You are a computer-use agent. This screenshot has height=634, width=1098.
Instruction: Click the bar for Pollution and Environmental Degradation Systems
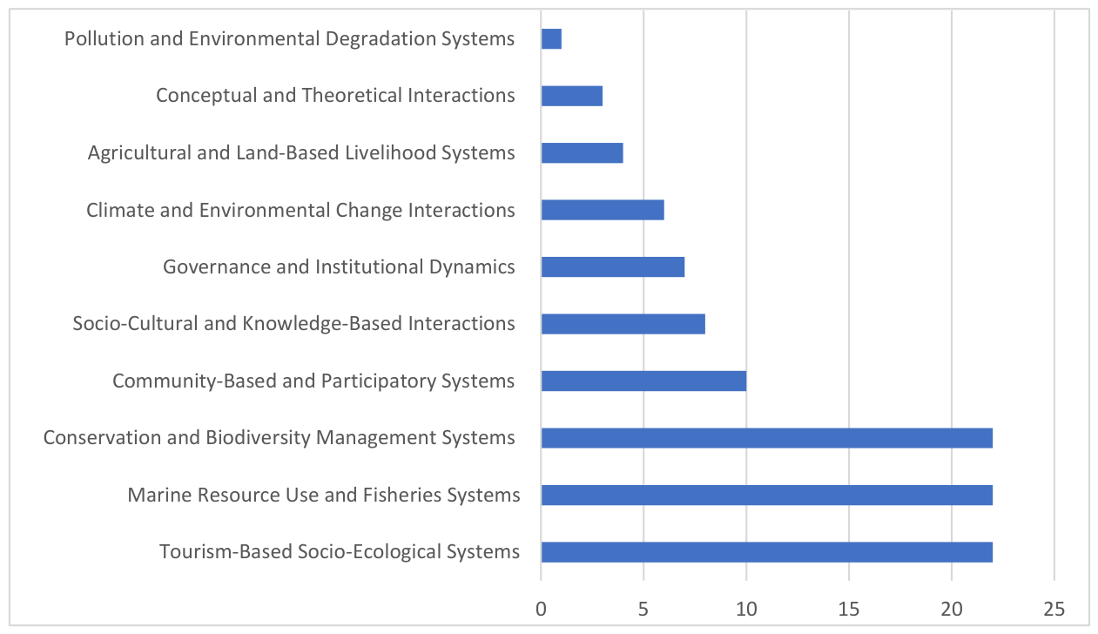click(551, 38)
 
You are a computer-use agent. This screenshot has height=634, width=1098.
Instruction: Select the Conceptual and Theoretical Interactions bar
click(572, 96)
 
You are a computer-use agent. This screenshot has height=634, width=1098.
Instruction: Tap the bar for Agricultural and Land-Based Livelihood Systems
click(583, 153)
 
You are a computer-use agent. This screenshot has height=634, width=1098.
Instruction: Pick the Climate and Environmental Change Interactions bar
click(603, 210)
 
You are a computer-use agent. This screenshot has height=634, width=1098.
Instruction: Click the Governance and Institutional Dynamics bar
click(613, 266)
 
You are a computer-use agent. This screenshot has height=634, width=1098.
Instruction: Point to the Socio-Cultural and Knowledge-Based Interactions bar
click(623, 324)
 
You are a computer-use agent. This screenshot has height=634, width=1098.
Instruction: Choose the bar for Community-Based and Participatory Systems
click(644, 381)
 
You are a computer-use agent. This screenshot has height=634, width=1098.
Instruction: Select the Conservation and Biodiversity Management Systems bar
click(767, 438)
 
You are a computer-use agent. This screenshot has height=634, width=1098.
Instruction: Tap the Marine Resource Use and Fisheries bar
click(767, 495)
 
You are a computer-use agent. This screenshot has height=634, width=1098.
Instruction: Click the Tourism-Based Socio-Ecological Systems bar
click(767, 552)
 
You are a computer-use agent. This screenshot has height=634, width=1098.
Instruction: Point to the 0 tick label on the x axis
click(541, 609)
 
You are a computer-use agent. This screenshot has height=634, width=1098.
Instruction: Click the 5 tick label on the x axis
click(643, 609)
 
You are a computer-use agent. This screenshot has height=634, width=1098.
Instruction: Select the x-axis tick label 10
click(746, 609)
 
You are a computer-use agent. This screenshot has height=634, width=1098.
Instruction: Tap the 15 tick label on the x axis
click(849, 609)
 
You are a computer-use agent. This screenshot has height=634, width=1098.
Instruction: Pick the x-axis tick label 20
click(952, 609)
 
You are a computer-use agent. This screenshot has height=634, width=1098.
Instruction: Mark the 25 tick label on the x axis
click(1054, 609)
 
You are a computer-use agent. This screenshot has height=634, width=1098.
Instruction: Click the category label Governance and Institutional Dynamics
click(340, 267)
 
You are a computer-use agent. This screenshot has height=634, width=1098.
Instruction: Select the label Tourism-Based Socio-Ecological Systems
click(340, 552)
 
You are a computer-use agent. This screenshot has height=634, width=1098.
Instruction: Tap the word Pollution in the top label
click(104, 38)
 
